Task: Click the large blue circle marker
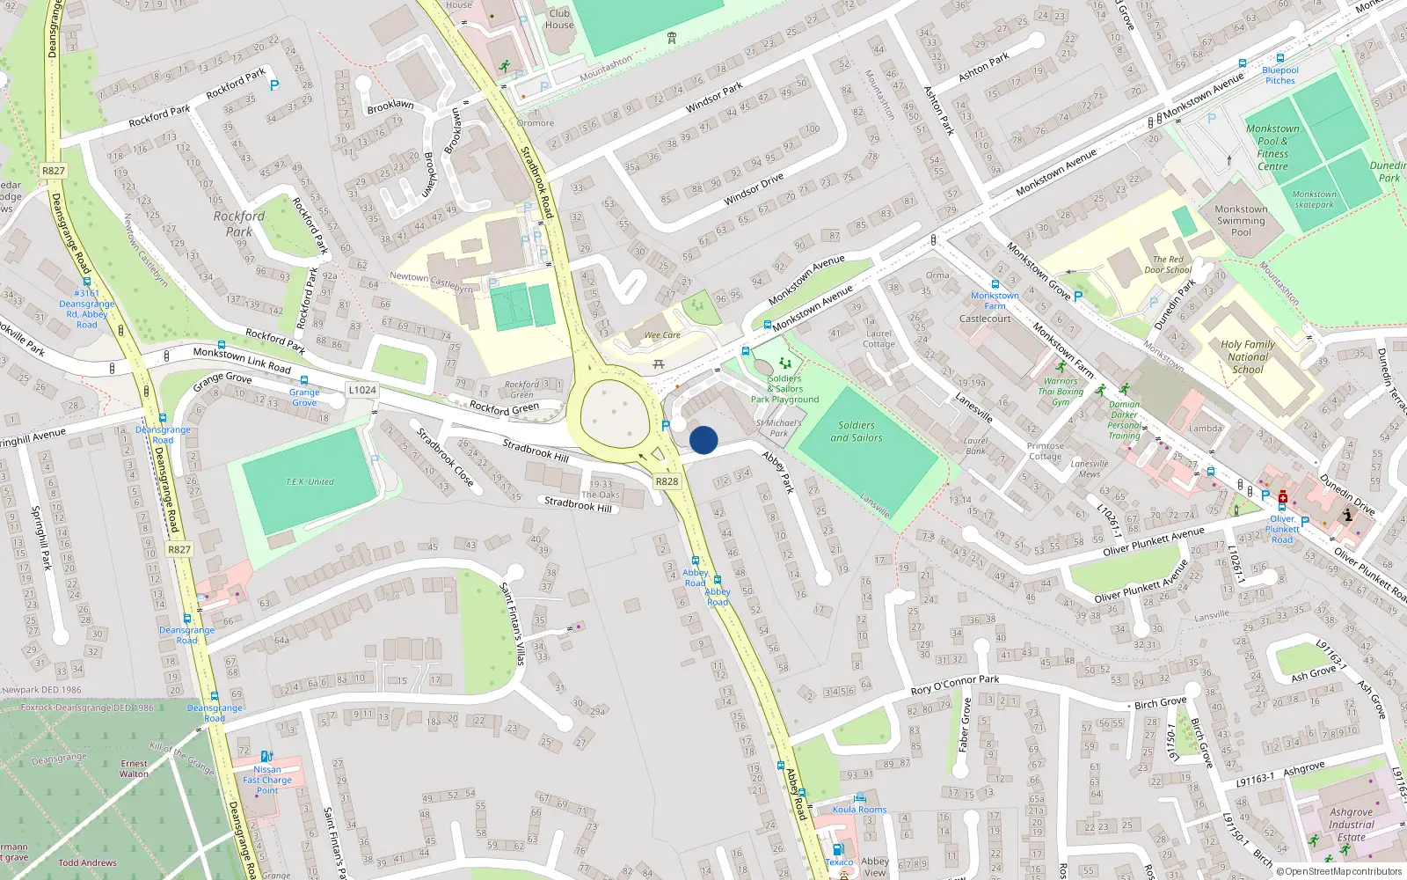[703, 440]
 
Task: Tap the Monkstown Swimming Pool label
[1241, 221]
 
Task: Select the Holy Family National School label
[1247, 357]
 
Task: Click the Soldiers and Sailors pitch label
[856, 431]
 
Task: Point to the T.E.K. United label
[310, 481]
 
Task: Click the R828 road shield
[667, 481]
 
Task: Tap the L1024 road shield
[361, 390]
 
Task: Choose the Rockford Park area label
[238, 224]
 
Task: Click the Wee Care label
[662, 335]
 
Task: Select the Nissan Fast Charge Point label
[267, 780]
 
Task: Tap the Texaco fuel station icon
[837, 849]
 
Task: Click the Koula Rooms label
[859, 810]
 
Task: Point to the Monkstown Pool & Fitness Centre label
[1272, 147]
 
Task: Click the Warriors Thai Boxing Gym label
[1061, 392]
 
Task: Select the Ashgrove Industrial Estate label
[1351, 825]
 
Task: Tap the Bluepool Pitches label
[1280, 76]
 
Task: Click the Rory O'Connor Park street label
[955, 685]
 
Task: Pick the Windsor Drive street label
[753, 190]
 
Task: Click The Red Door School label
[1172, 265]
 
